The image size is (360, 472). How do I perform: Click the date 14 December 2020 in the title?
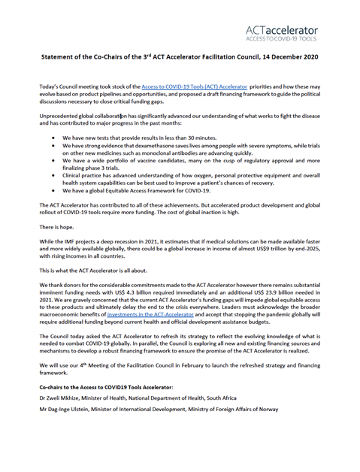286,56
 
